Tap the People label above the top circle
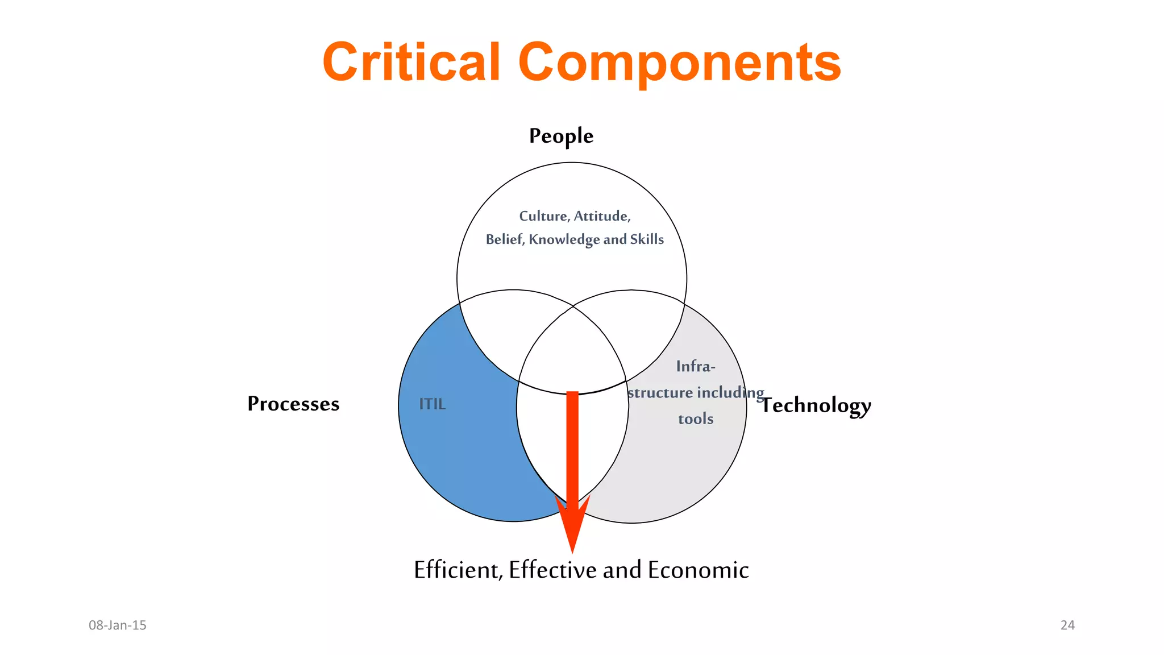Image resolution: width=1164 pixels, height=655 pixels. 561,136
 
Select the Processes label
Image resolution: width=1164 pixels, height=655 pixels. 293,404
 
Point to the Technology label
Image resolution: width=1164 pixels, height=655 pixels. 816,405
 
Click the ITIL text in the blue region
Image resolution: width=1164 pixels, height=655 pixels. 432,404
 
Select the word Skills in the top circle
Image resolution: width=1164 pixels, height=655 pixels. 647,239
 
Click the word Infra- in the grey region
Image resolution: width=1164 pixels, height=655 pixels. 696,367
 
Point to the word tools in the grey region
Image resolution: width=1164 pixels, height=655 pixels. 696,419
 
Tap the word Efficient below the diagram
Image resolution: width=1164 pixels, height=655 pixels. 458,570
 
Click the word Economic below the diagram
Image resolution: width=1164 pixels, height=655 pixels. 698,570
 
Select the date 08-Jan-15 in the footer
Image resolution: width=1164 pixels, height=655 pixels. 118,625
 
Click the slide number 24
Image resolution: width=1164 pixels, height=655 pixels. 1067,625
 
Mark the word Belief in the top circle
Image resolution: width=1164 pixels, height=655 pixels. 505,239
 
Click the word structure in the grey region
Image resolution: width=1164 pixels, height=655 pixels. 660,393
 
